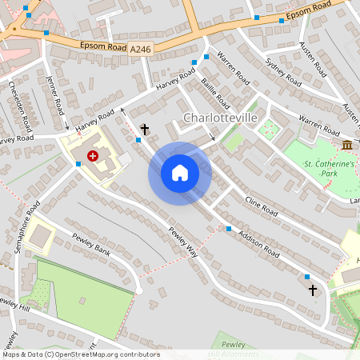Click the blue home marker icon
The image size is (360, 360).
click(179, 173)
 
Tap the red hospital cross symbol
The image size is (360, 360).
click(93, 156)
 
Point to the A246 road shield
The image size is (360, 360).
click(140, 50)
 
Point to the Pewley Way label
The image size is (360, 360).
click(182, 242)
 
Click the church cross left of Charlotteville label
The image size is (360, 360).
click(145, 129)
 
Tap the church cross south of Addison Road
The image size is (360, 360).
click(312, 289)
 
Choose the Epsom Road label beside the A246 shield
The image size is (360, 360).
click(103, 47)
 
